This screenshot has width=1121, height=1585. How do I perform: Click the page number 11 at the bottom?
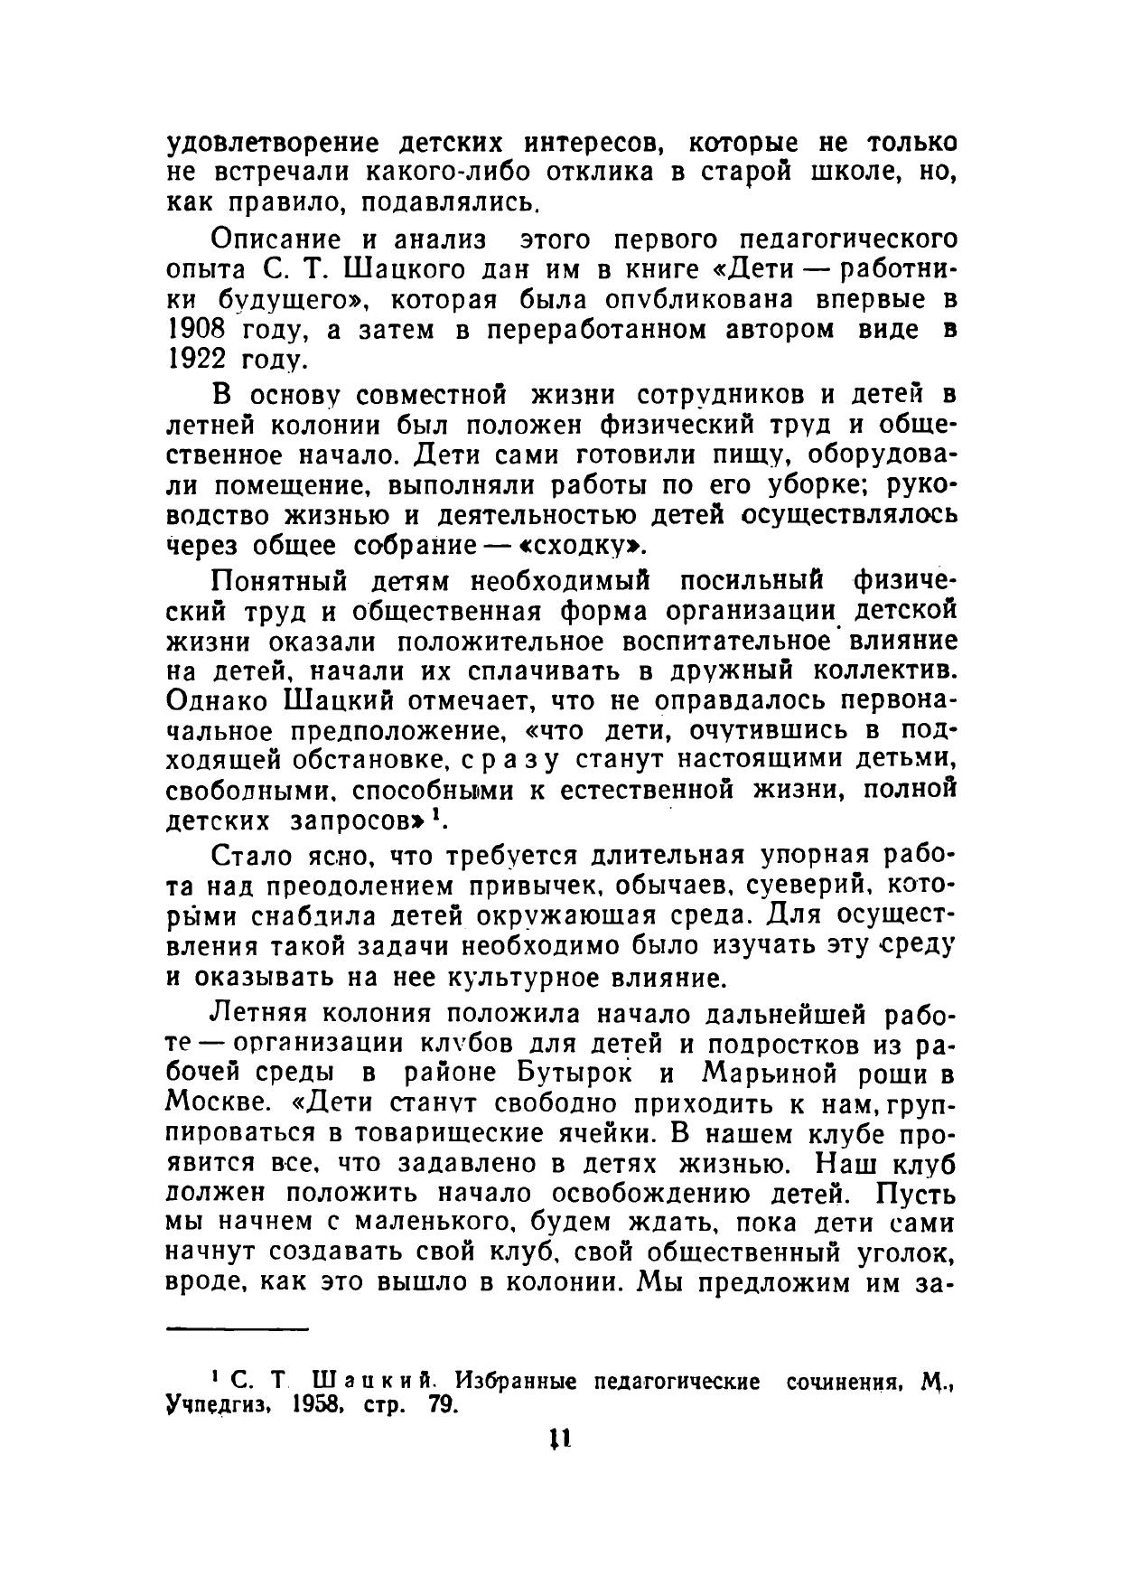coord(559,1438)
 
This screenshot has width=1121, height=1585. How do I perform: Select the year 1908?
coord(197,329)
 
